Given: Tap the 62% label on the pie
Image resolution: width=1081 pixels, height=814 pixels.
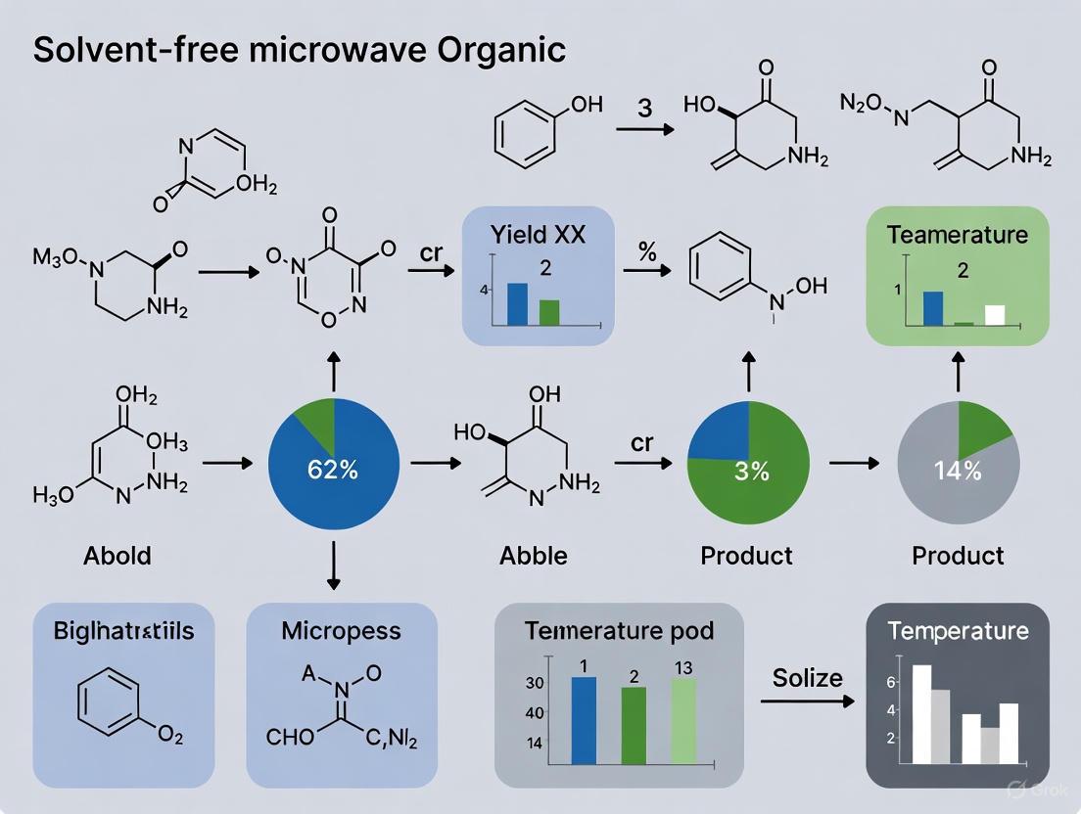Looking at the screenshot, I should click(x=333, y=469).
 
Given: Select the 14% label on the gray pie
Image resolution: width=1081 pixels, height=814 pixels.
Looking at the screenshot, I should click(x=958, y=470).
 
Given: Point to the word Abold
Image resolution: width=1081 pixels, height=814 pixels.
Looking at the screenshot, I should click(x=117, y=556).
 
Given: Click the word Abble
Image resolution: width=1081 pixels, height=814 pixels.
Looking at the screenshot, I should click(x=533, y=556).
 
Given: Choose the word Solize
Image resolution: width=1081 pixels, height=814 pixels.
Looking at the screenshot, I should click(x=808, y=676).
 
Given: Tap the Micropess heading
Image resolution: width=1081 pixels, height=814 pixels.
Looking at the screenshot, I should click(x=341, y=631).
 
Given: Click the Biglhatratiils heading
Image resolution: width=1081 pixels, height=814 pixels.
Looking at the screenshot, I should click(x=123, y=631).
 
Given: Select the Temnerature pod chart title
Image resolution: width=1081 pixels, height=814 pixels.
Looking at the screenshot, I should click(x=619, y=631).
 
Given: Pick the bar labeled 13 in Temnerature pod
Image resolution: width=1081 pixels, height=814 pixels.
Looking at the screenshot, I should click(x=683, y=720).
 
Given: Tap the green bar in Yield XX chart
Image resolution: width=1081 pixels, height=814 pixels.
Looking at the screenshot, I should click(x=549, y=312).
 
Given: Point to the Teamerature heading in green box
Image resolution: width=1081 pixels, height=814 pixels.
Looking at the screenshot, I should click(x=958, y=235).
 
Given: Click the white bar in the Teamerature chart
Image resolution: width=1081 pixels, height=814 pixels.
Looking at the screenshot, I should click(x=995, y=314).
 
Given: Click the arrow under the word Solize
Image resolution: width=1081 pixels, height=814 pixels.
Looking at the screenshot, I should click(x=809, y=701).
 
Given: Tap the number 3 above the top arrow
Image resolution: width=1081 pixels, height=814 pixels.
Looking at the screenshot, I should click(x=644, y=108).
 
